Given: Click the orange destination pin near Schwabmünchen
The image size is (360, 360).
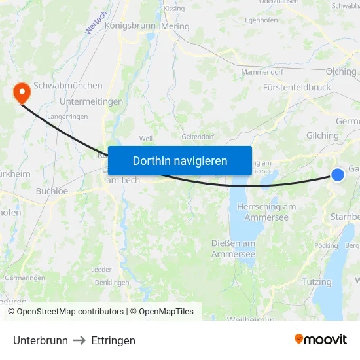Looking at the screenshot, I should pos(21,92).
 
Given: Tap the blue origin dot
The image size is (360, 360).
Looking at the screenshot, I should pos(338,174).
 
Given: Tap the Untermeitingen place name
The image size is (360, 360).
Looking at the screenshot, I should pos(91,101).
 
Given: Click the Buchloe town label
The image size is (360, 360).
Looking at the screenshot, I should pos(52,191).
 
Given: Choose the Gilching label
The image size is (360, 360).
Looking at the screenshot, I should pos(322,135).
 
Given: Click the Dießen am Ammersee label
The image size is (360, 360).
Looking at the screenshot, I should pos(233,249).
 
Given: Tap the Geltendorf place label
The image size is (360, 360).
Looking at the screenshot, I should pos(197,137).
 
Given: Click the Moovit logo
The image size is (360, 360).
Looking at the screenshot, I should pos(321,340).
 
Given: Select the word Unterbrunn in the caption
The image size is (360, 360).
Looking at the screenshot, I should pos(41,340).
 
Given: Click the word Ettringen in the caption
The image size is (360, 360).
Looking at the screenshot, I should pos(113,340).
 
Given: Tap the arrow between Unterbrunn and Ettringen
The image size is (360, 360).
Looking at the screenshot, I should pos(79,340).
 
